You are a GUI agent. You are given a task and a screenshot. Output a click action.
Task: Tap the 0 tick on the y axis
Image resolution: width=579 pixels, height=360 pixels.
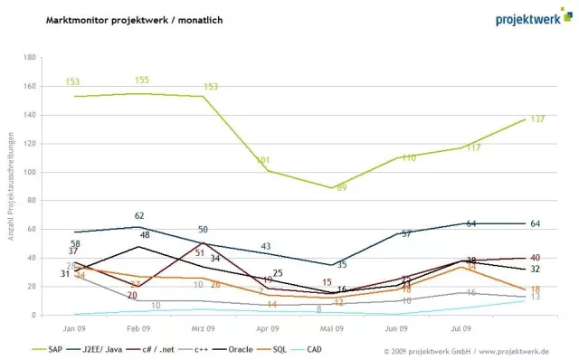pyautogui.click(x=33, y=316)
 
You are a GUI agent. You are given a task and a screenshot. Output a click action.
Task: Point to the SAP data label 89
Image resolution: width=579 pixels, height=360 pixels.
pyautogui.click(x=342, y=188)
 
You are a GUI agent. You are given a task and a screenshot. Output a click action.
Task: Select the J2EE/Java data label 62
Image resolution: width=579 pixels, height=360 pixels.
pyautogui.click(x=139, y=216)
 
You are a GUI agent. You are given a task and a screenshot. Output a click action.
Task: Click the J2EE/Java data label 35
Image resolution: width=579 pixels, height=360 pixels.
pyautogui.click(x=342, y=265)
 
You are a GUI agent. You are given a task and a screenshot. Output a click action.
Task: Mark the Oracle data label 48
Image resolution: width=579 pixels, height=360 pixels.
pyautogui.click(x=145, y=235)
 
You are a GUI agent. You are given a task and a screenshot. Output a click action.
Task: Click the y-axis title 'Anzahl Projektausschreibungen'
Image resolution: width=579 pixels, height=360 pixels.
pyautogui.click(x=11, y=185)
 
